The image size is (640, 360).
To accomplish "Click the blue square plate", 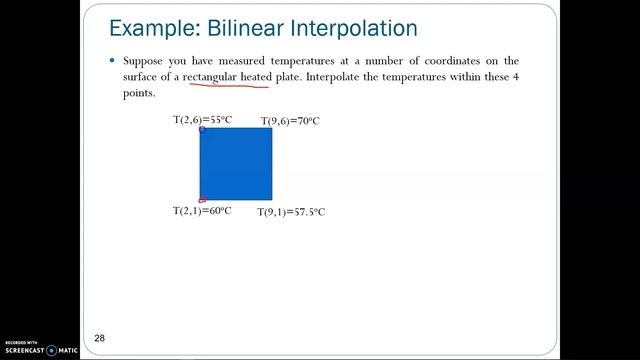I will pyautogui.click(x=236, y=164).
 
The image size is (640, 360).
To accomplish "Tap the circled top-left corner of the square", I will pyautogui.click(x=202, y=129).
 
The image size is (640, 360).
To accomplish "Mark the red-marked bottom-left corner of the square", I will pyautogui.click(x=202, y=200).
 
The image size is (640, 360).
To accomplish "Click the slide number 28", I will pyautogui.click(x=100, y=338).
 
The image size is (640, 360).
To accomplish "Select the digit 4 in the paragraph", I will pyautogui.click(x=516, y=77).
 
